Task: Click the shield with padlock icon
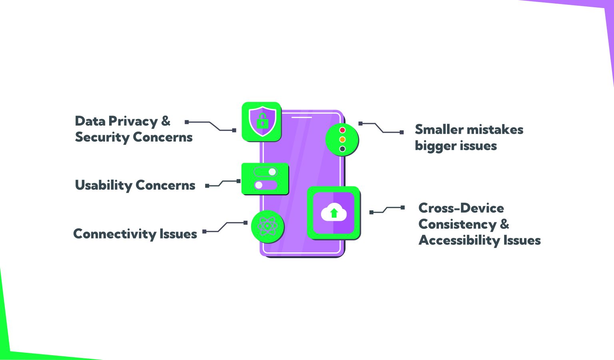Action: click(x=262, y=121)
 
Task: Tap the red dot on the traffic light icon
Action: click(x=342, y=130)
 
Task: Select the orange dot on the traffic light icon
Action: click(x=342, y=140)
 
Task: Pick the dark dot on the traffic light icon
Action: click(x=342, y=149)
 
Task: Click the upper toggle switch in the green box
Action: click(x=265, y=172)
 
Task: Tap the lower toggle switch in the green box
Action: click(x=265, y=185)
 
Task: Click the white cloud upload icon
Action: click(x=334, y=212)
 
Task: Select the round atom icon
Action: click(x=267, y=226)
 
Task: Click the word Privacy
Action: click(x=133, y=121)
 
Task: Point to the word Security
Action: click(x=102, y=137)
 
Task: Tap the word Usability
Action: click(x=104, y=185)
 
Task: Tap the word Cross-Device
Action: click(x=461, y=208)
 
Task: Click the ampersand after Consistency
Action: click(x=504, y=224)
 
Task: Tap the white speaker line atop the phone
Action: click(x=301, y=117)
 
